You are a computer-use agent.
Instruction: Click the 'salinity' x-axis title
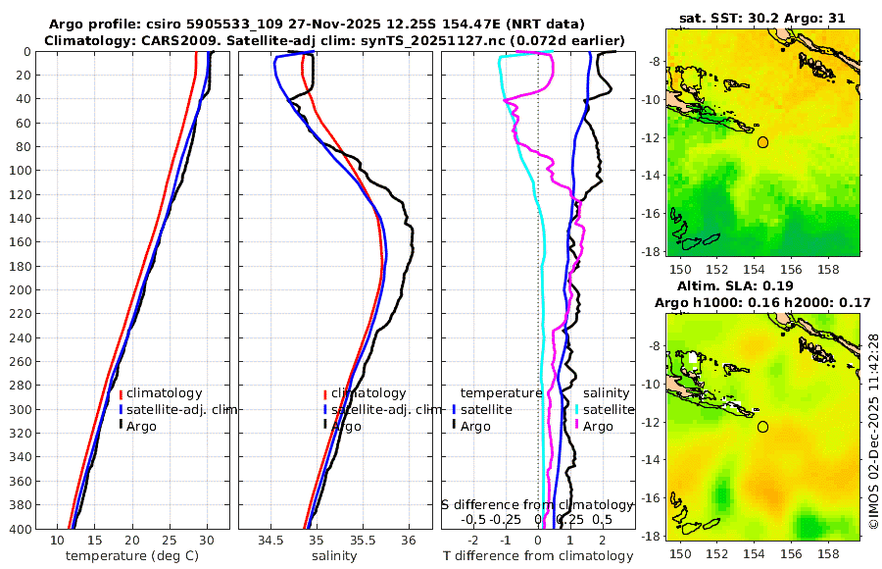tap(335, 556)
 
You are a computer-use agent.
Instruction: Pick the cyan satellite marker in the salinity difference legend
tap(578, 409)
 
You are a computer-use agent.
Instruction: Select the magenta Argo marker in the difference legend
tap(578, 426)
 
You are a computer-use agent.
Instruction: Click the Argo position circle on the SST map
tap(762, 142)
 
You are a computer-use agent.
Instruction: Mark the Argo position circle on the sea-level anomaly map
tap(762, 427)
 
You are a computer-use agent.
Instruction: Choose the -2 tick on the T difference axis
tap(474, 541)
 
